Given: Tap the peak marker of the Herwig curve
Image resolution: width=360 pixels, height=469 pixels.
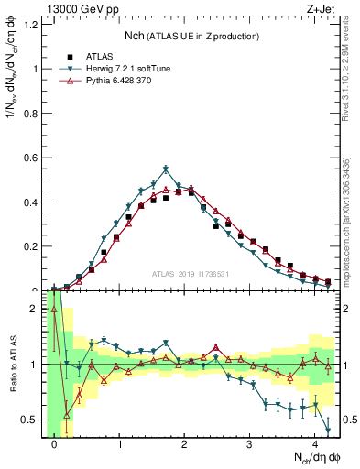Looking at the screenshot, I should [x=166, y=169].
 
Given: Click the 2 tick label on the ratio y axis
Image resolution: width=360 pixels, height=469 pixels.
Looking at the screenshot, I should [x=34, y=309].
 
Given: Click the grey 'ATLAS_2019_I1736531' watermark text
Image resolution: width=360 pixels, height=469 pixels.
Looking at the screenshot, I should [x=191, y=274].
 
